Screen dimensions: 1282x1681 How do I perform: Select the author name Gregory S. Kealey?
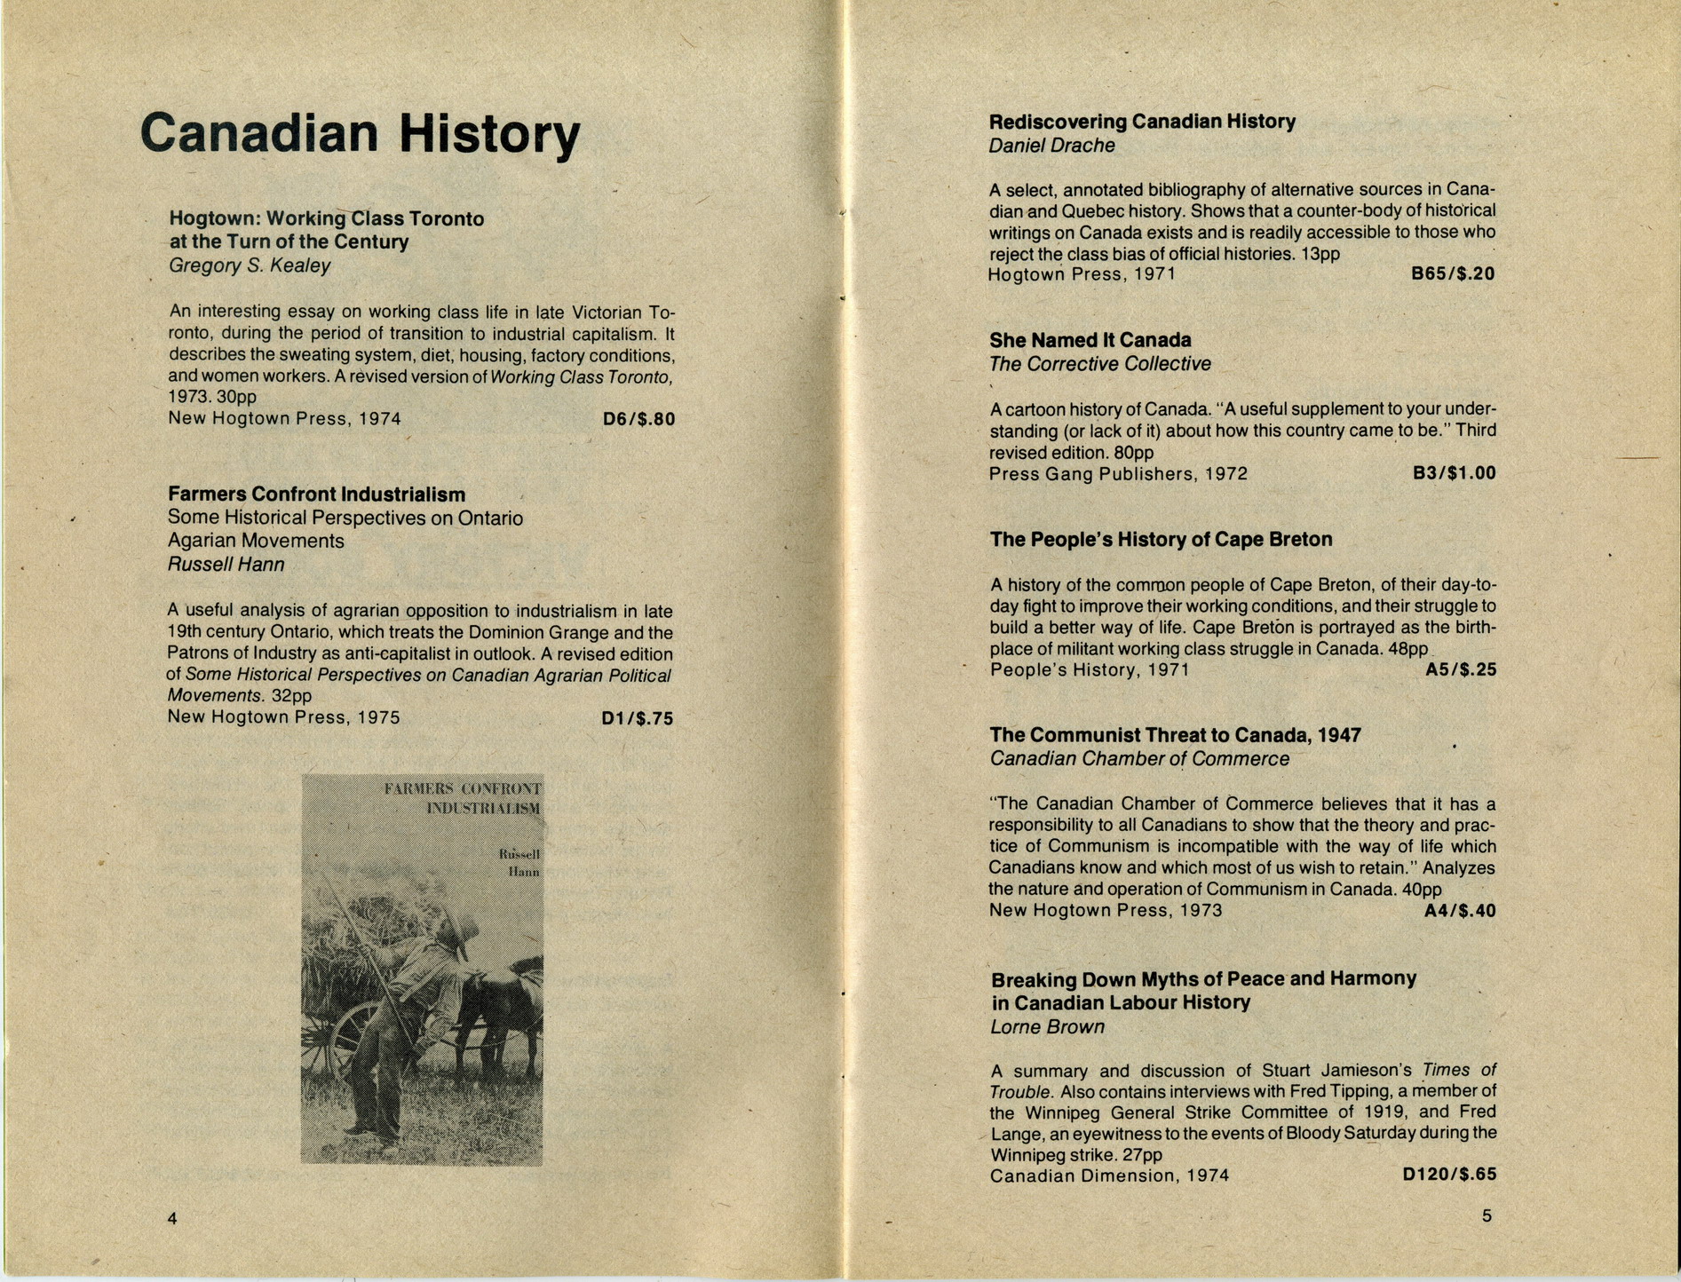click(x=250, y=265)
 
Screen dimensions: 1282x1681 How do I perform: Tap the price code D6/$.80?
click(x=638, y=419)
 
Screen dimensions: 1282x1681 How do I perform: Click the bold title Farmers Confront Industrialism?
click(x=316, y=495)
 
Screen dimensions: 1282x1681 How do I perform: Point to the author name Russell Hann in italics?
click(x=226, y=565)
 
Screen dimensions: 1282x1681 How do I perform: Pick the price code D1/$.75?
click(x=637, y=718)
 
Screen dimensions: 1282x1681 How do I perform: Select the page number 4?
click(x=172, y=1219)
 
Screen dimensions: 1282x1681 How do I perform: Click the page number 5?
click(x=1487, y=1216)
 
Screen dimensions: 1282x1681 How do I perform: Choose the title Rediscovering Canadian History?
click(x=1142, y=122)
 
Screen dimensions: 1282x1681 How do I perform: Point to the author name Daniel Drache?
click(x=1051, y=146)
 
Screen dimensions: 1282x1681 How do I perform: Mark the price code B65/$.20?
click(x=1453, y=274)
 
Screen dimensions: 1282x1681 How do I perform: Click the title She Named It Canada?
click(x=1090, y=340)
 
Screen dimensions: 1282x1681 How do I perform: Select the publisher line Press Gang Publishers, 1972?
click(x=1118, y=474)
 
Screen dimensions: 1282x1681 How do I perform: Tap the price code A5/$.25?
click(x=1460, y=670)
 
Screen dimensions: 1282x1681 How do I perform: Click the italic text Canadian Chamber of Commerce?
click(x=1139, y=759)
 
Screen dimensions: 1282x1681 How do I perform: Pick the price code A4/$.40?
click(x=1459, y=911)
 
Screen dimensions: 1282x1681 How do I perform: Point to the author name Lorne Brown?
click(x=1048, y=1027)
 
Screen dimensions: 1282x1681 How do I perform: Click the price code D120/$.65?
click(x=1449, y=1175)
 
